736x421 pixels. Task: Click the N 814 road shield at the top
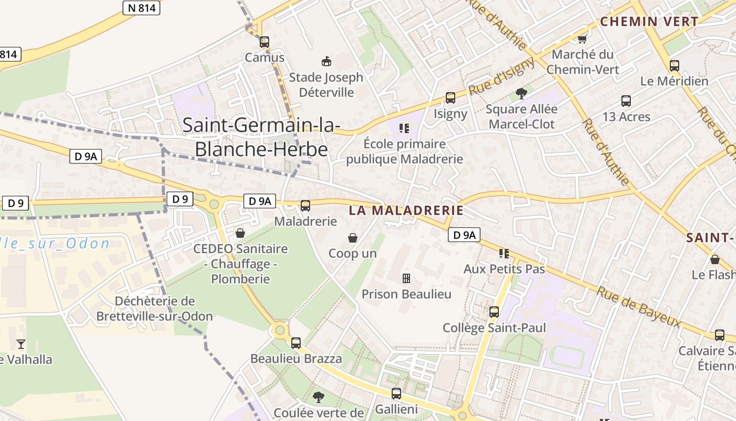(141, 8)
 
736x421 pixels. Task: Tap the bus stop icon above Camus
(264, 42)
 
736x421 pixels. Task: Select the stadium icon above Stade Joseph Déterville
(326, 62)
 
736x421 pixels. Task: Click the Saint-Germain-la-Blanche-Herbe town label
(261, 137)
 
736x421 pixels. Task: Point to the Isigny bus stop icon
(451, 98)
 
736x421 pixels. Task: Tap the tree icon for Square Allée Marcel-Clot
(521, 94)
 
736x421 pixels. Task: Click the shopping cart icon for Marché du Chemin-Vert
(582, 39)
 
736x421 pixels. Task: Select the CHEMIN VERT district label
(649, 22)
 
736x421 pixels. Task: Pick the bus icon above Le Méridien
(674, 66)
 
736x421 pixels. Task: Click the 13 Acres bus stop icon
(626, 101)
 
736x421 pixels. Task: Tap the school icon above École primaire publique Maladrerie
(404, 128)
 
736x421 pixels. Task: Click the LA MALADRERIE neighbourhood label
(406, 210)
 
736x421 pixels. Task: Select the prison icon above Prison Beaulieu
(406, 278)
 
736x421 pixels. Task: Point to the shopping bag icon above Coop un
(352, 238)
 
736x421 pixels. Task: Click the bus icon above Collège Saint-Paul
(494, 312)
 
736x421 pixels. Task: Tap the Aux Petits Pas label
(504, 269)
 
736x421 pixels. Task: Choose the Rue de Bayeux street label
(638, 307)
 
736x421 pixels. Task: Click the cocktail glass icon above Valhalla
(21, 344)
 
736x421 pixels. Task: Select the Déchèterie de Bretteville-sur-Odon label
(155, 309)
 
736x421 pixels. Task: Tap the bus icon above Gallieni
(396, 393)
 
